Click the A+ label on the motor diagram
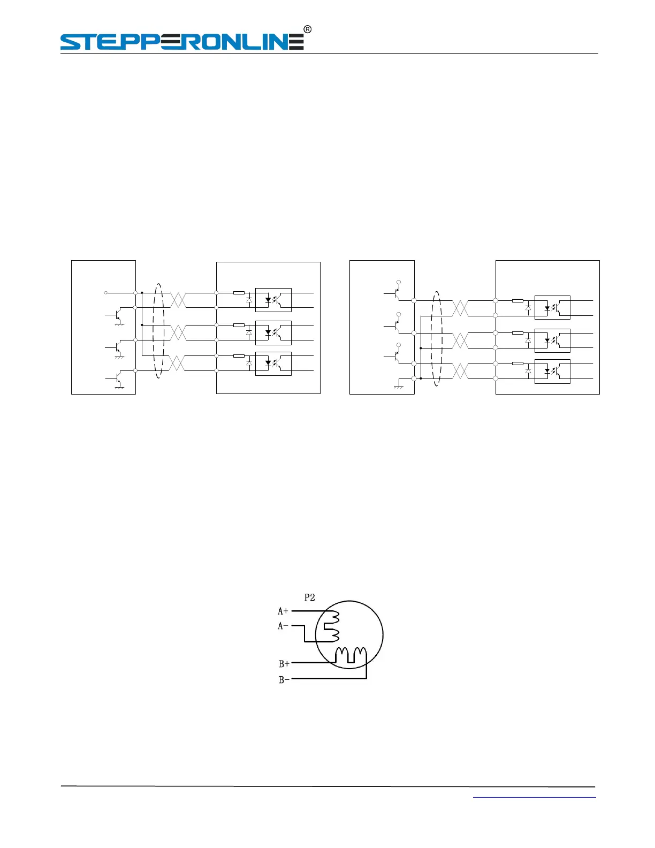[x=283, y=611]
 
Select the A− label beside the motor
[x=283, y=626]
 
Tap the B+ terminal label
[x=284, y=664]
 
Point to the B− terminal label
[x=284, y=680]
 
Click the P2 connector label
[x=309, y=597]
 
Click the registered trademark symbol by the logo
[x=308, y=29]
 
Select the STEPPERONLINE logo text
[x=182, y=42]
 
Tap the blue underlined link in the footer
[x=534, y=798]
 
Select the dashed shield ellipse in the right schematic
[x=437, y=339]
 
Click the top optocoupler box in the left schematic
[x=273, y=300]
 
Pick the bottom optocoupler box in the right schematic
[x=552, y=372]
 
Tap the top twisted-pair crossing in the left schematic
[x=178, y=300]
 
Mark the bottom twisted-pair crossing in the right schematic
[x=460, y=371]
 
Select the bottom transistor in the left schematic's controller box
[x=118, y=378]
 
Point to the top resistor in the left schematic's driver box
[x=239, y=293]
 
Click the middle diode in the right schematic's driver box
[x=528, y=340]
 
